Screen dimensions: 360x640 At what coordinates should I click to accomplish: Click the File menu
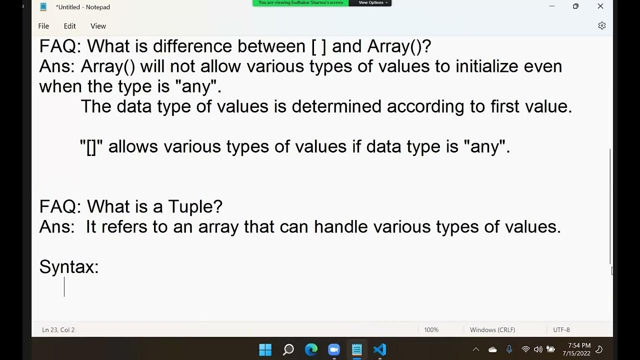(x=43, y=26)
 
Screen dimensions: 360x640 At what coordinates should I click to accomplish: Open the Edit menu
(x=69, y=26)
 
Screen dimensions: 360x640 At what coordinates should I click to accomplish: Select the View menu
(x=98, y=26)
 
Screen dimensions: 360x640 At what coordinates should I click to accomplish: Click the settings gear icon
(x=602, y=25)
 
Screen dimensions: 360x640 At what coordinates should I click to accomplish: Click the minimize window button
(x=552, y=6)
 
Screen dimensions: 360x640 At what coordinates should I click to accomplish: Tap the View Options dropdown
(x=372, y=3)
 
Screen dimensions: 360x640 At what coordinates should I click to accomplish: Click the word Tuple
(x=195, y=206)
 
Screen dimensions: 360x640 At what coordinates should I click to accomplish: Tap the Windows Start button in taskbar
(x=265, y=349)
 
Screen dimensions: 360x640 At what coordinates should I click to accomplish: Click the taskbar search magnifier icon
(x=288, y=349)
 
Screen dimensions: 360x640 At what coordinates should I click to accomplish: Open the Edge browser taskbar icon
(x=311, y=349)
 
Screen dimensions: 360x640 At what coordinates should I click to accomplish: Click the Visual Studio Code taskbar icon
(x=379, y=349)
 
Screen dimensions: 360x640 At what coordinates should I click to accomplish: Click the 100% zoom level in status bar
(x=431, y=330)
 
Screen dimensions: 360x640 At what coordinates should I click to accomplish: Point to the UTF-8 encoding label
(x=561, y=330)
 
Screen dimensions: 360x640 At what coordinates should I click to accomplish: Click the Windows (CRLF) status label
(x=492, y=330)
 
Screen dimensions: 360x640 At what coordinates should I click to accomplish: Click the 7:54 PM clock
(x=579, y=345)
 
